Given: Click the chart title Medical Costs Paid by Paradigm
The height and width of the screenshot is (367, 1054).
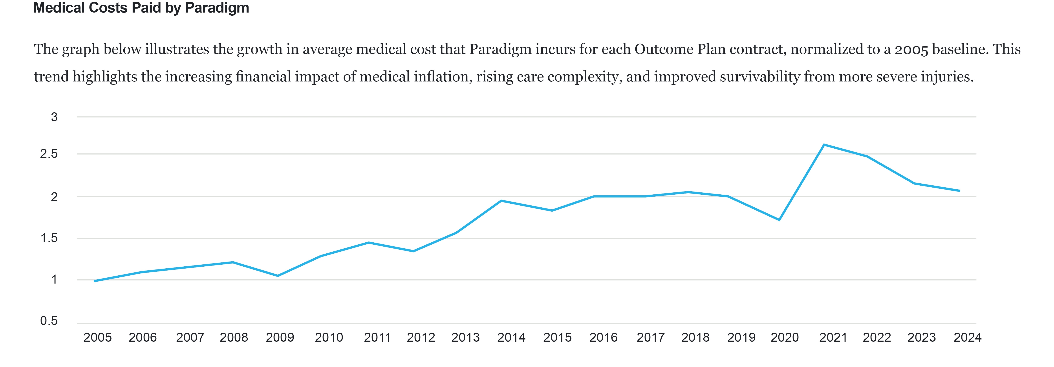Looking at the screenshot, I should coord(141,8).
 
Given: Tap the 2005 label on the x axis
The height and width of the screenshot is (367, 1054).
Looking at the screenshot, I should coord(97,337).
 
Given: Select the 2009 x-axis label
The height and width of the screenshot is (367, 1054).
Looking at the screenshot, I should coord(280,337).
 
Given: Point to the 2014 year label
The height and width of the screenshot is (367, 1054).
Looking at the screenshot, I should coord(511,337).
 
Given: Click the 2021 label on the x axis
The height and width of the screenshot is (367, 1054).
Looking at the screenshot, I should coord(833,337).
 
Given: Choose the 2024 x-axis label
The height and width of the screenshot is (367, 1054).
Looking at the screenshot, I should coord(967,337).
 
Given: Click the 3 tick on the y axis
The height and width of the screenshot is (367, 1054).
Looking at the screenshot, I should coord(54,117).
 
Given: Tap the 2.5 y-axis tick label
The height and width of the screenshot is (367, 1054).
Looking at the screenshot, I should coord(49,154).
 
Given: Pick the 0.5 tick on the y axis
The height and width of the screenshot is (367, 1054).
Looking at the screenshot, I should coord(49,321).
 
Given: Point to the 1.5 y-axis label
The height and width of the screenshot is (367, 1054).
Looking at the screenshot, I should coord(49,238).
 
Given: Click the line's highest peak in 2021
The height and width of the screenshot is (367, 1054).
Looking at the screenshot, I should coord(824,145).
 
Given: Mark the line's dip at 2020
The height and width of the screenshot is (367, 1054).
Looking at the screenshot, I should coord(779,220).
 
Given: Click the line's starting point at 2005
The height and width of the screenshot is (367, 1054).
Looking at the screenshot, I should coord(95,281).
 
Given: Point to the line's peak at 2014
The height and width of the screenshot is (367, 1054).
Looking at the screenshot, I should coord(501,201).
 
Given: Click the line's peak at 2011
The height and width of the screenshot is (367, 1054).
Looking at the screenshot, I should coord(368,242).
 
